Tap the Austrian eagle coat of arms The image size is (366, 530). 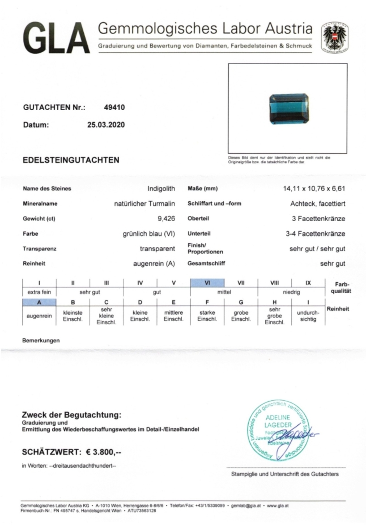334,37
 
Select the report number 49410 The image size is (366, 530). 114,107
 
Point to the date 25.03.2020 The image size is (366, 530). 106,125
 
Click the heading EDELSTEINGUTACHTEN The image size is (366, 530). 71,160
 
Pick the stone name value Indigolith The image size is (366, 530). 161,189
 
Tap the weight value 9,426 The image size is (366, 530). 166,219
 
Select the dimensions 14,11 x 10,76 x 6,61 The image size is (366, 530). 314,189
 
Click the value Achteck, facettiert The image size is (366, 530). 318,204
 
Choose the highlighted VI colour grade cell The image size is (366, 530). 207,283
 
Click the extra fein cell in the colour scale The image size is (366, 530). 39,292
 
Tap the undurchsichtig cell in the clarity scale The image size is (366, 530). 308,316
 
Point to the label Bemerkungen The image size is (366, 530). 41,340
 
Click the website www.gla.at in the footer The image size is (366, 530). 278,505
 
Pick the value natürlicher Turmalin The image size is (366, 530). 144,204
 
